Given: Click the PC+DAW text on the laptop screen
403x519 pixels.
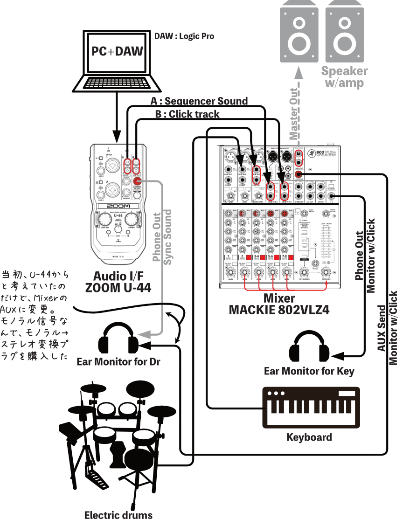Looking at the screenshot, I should tap(117, 51).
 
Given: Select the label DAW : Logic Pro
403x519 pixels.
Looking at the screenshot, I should tap(184, 36).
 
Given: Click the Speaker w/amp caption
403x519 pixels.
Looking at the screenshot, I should tap(344, 77).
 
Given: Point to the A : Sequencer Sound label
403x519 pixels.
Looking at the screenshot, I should tap(199, 101).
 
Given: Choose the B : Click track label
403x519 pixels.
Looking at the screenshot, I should tap(187, 114).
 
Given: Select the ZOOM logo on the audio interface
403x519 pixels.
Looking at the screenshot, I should tap(118, 206).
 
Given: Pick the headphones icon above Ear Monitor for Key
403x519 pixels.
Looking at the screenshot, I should tap(309, 348).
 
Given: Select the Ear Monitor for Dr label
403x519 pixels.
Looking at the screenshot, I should tap(118, 362).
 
